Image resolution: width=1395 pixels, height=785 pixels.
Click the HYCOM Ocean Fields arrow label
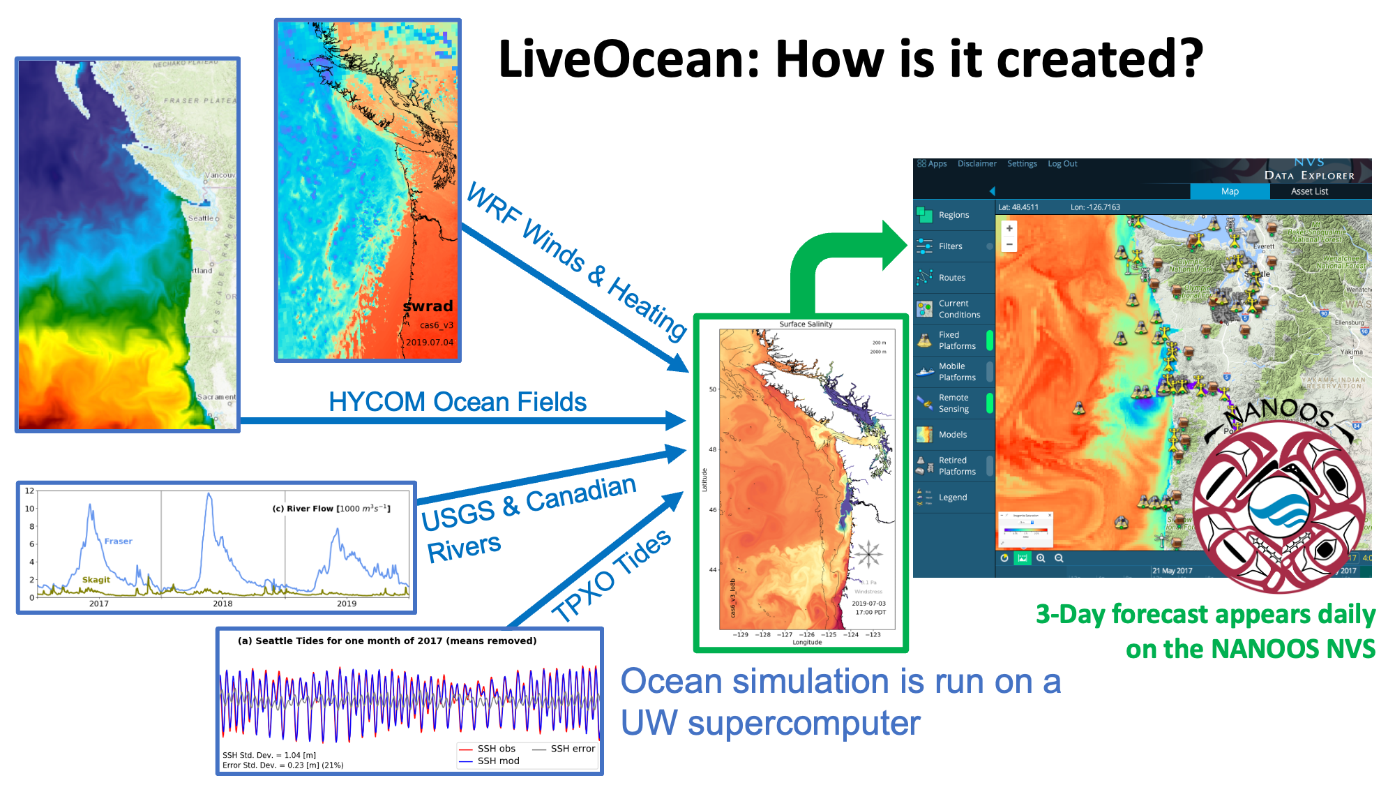457,402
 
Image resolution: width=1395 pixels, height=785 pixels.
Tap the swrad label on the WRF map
428,306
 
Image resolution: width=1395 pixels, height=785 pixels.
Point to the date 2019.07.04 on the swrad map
430,342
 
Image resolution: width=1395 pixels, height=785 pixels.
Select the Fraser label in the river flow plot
118,541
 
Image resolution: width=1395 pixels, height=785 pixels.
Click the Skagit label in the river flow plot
96,579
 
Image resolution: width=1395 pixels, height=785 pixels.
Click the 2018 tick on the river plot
223,603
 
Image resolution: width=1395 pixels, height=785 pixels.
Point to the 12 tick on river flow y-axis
29,491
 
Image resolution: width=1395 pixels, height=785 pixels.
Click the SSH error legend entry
572,748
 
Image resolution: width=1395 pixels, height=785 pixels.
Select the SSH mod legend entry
497,761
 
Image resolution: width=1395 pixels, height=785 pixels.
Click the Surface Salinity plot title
806,324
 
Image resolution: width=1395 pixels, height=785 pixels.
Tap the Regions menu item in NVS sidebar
953,215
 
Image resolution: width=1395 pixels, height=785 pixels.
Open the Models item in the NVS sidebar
952,434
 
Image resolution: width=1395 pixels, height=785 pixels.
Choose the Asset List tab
1309,191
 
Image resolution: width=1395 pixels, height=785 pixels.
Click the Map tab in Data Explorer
1230,191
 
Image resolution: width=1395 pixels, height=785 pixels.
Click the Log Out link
1062,164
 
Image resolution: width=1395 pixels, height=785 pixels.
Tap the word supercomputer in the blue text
804,723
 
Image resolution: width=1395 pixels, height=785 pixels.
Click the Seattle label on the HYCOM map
201,218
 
